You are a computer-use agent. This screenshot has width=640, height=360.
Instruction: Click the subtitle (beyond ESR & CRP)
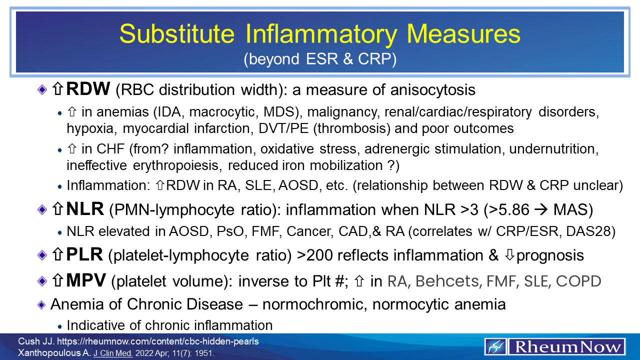point(320,59)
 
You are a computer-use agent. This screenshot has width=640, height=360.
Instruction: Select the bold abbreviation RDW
point(88,90)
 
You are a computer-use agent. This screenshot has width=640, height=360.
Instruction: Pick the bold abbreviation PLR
point(84,255)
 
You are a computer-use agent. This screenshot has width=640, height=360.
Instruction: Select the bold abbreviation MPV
point(85,281)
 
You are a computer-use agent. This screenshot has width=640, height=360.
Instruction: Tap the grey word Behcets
point(446,281)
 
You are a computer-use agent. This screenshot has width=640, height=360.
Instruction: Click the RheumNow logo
point(555,346)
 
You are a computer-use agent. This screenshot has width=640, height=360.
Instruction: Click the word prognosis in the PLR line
point(550,255)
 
